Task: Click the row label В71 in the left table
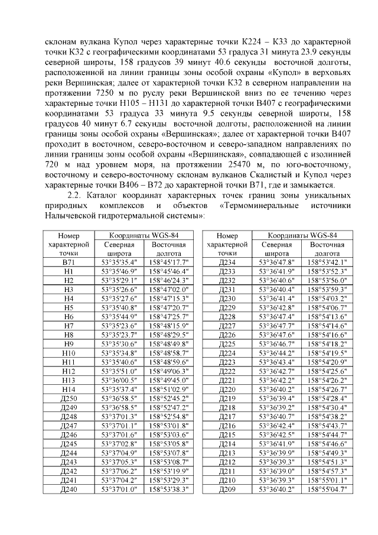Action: point(68,262)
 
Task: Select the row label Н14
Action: point(68,390)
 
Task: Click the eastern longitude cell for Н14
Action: point(168,390)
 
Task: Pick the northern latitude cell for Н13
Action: point(119,381)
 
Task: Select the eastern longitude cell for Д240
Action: point(168,489)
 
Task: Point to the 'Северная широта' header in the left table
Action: point(119,248)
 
